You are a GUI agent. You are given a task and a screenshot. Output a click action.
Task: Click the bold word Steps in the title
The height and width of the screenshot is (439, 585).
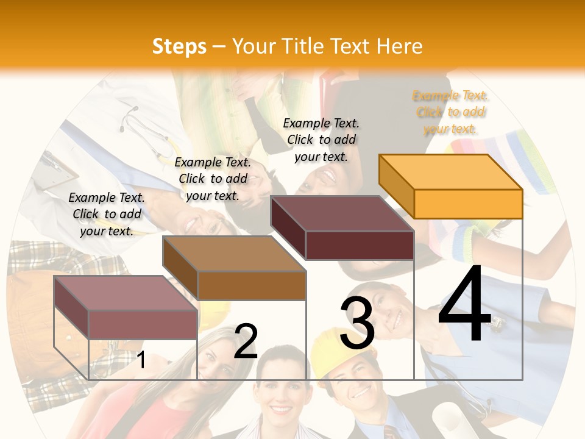[x=179, y=46]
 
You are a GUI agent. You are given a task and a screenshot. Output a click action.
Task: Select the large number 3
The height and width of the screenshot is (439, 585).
[x=357, y=323]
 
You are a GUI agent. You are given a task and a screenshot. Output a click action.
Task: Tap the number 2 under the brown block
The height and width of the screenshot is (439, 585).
[x=246, y=341]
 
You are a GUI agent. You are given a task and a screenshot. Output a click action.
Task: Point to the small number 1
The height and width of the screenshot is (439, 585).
[x=141, y=360]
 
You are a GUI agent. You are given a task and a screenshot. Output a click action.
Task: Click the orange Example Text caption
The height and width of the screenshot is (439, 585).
[x=450, y=112]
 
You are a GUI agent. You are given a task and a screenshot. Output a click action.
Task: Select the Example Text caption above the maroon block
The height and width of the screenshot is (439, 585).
[x=321, y=140]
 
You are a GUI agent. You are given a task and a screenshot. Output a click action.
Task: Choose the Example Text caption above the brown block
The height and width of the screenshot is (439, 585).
[x=213, y=179]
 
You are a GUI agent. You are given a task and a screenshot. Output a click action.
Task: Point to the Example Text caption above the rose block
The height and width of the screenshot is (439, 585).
[x=107, y=214]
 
